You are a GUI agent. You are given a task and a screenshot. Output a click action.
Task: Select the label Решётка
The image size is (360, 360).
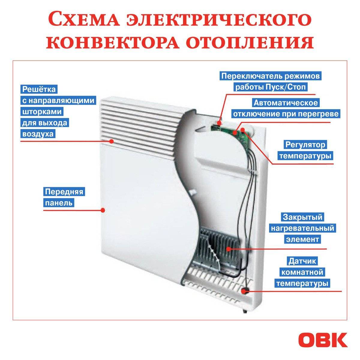click(39, 89)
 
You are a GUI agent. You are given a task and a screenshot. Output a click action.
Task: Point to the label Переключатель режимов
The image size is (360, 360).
click(271, 76)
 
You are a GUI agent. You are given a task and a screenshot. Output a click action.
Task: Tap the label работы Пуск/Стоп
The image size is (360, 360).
click(271, 87)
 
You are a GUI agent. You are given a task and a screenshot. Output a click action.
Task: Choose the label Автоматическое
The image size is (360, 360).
click(286, 103)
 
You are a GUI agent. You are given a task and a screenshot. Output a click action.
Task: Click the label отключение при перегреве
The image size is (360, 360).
click(286, 114)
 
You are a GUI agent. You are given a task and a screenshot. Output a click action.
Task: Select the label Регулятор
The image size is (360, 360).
click(305, 145)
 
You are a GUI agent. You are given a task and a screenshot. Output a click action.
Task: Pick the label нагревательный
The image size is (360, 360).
click(302, 228)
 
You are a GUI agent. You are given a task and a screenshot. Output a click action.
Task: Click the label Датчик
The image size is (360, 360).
click(302, 261)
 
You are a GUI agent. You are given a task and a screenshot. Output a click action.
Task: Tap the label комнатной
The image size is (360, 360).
click(302, 272)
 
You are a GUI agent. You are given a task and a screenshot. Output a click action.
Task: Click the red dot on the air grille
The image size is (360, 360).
click(112, 141)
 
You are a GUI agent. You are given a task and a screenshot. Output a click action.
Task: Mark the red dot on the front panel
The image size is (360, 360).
click(102, 210)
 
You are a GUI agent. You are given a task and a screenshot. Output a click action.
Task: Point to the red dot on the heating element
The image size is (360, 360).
click(228, 249)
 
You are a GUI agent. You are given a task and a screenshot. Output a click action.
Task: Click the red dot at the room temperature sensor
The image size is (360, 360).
click(243, 291)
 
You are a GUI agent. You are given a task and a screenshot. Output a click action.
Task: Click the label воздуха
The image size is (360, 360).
click(38, 134)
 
